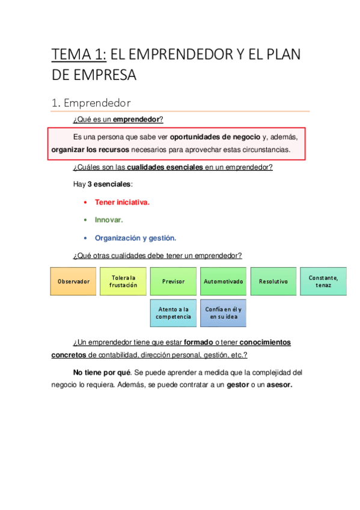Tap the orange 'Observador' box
(73, 281)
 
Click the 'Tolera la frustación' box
(128, 281)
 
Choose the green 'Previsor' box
(174, 281)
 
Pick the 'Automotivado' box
(224, 281)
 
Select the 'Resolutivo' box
(273, 281)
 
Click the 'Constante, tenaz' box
(323, 281)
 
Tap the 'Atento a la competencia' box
(173, 313)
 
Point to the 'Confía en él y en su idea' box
(223, 313)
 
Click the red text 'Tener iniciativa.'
(122, 202)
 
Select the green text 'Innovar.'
(109, 220)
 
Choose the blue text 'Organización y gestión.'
(135, 238)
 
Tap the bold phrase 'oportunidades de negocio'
(215, 137)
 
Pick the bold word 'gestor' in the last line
(238, 386)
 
